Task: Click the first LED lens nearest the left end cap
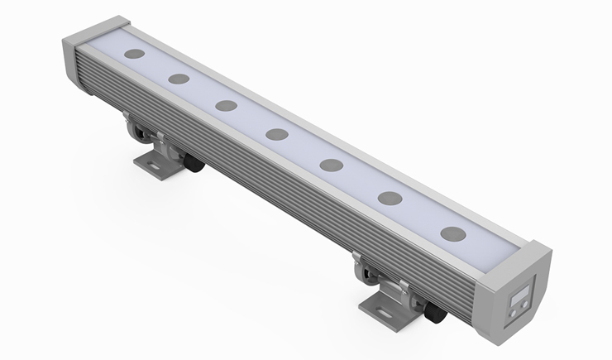pos(134,54)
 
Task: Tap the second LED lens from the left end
pos(179,79)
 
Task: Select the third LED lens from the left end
pos(226,106)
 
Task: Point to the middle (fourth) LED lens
pos(277,134)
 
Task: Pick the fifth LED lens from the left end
pos(332,165)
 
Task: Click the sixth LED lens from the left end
pos(390,198)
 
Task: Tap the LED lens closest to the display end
pos(452,233)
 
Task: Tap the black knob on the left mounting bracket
pos(194,164)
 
